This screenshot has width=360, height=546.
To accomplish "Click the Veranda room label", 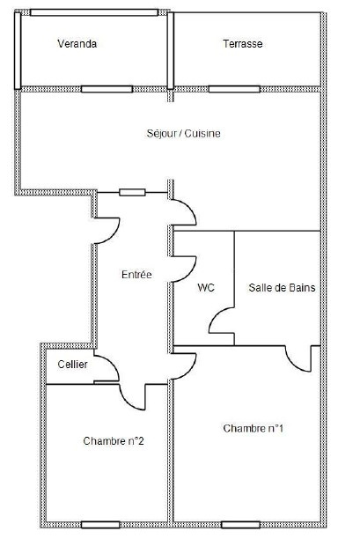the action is point(77,44).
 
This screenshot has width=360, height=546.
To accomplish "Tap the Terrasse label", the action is point(243,44).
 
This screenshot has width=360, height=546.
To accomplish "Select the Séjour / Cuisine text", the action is point(183,134).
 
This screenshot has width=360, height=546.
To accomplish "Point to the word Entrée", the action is point(136,275).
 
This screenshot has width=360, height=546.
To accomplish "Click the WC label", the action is point(206,288).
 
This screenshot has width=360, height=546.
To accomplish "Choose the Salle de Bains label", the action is point(282,288).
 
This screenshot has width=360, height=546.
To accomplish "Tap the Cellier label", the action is point(72,365).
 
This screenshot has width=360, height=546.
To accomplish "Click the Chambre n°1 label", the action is point(253,428).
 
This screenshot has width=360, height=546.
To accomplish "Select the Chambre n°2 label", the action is point(114,441).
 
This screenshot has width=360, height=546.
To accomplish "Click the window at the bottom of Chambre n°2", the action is point(100,525).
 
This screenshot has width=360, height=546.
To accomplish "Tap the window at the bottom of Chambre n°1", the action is point(240,525).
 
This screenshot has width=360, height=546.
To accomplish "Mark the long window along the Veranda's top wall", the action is point(94,13).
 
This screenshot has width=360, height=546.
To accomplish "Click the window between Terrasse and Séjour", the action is point(234,90).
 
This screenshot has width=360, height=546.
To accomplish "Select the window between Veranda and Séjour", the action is point(107,90).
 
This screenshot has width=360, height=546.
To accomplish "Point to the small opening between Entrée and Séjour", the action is point(132,193).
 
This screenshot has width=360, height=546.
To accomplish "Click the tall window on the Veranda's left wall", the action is point(18,51).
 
